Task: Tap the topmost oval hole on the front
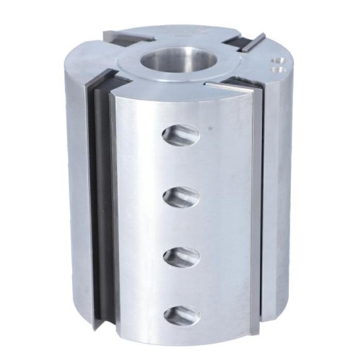182,134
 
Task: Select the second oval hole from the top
182,195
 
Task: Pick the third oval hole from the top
182,256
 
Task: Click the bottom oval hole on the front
182,314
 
